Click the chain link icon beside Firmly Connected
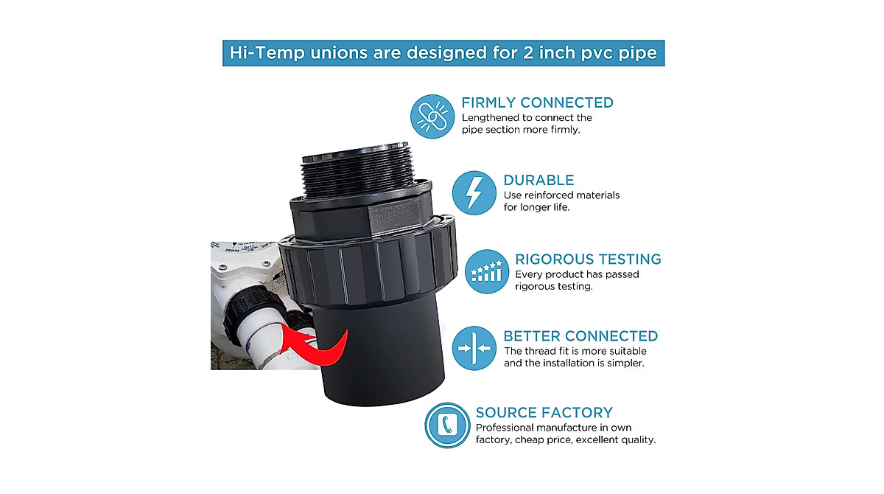[432, 116]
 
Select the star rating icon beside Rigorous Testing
[486, 271]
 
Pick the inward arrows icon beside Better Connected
[474, 347]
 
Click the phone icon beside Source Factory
[447, 425]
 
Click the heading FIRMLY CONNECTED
[537, 102]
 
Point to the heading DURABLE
[539, 180]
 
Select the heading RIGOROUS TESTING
[588, 259]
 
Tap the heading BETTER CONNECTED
[580, 336]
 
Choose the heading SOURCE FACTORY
[544, 413]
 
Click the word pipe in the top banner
[639, 53]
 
